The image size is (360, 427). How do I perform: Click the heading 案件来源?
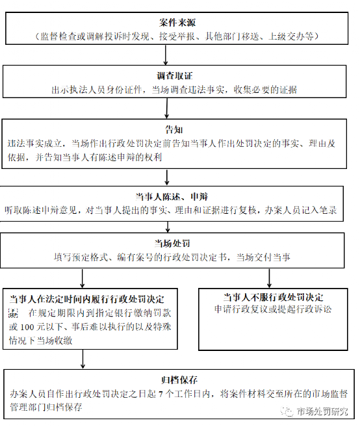point(177,23)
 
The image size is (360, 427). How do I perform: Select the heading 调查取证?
point(175,75)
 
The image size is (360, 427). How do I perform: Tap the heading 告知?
point(174,129)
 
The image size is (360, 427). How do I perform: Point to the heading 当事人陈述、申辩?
point(172,197)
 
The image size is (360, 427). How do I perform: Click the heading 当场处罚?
point(172,243)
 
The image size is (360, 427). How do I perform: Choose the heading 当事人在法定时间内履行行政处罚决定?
point(87,299)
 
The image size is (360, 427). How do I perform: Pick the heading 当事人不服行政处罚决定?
point(273,297)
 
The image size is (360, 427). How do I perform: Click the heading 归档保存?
point(179,380)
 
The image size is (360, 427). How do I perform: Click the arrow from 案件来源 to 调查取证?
point(165,55)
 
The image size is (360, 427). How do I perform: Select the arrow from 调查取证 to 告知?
point(166,108)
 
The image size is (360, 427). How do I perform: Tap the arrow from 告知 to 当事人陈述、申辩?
point(167,177)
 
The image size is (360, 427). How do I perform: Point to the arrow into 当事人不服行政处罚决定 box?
point(269,278)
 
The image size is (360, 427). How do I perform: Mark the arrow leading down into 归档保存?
point(83,359)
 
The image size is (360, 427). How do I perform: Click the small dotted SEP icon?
point(13,313)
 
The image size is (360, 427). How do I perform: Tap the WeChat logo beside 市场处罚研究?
point(287,411)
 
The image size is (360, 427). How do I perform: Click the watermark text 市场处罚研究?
point(322,411)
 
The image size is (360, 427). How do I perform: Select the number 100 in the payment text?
point(27,327)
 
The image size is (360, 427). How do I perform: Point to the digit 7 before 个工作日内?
point(161,394)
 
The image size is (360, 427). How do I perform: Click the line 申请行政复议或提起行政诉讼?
point(273,309)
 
